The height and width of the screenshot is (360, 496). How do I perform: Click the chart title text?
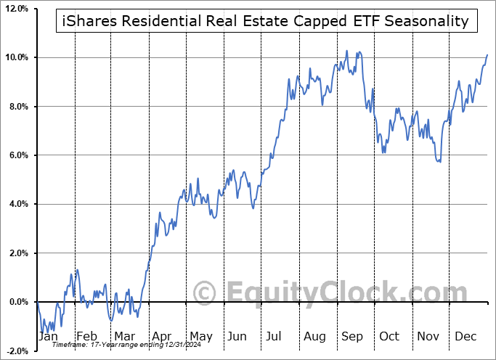(266, 21)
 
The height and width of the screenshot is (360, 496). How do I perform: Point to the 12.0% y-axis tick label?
(15, 9)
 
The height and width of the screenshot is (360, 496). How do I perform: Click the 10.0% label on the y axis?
(15, 57)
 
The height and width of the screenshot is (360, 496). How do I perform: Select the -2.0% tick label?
(16, 351)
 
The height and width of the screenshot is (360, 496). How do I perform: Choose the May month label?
(200, 336)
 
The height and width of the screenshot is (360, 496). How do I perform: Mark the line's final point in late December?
(487, 54)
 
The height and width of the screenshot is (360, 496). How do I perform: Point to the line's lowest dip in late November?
(440, 161)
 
